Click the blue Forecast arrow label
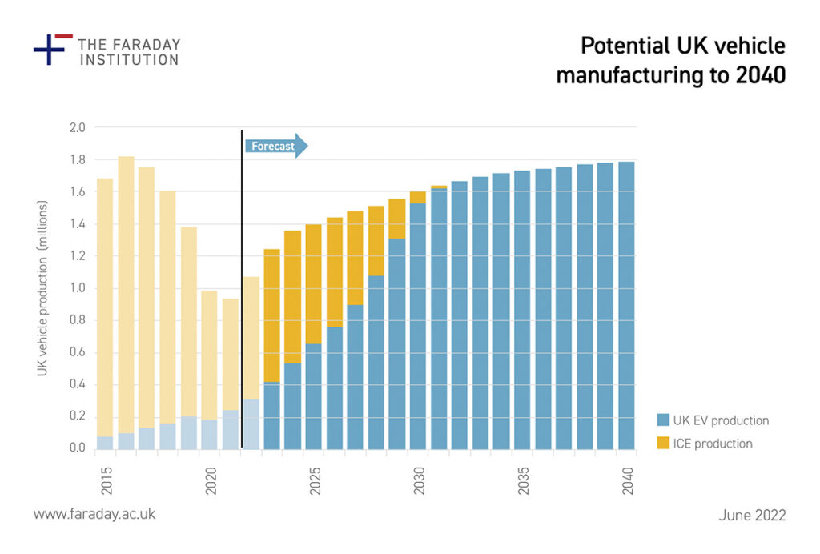(x=274, y=146)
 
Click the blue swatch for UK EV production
(x=663, y=420)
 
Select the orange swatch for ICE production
(x=663, y=443)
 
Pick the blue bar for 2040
(x=626, y=304)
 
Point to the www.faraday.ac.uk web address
(x=94, y=514)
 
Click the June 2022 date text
(x=752, y=515)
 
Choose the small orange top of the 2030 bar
(x=418, y=197)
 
